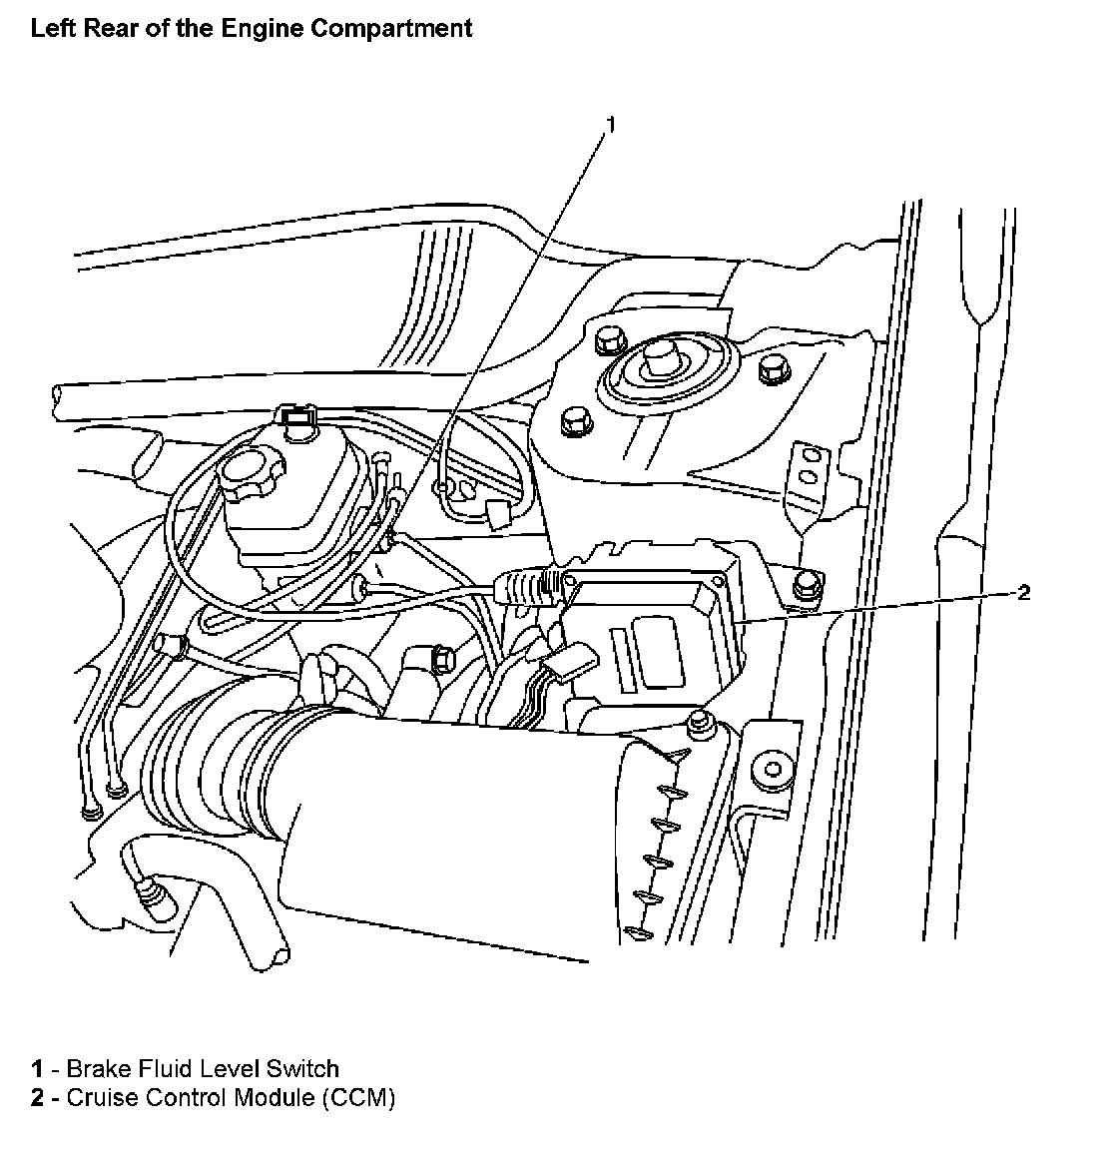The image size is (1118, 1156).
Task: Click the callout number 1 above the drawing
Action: point(611,125)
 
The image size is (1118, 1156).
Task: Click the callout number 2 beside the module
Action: point(1023,592)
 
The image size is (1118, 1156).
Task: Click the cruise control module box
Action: point(649,639)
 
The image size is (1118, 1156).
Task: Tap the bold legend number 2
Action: point(37,1098)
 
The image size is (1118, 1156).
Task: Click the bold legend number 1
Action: point(37,1069)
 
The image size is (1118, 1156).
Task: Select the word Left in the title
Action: point(50,28)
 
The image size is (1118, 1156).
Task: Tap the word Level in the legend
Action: point(231,1069)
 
